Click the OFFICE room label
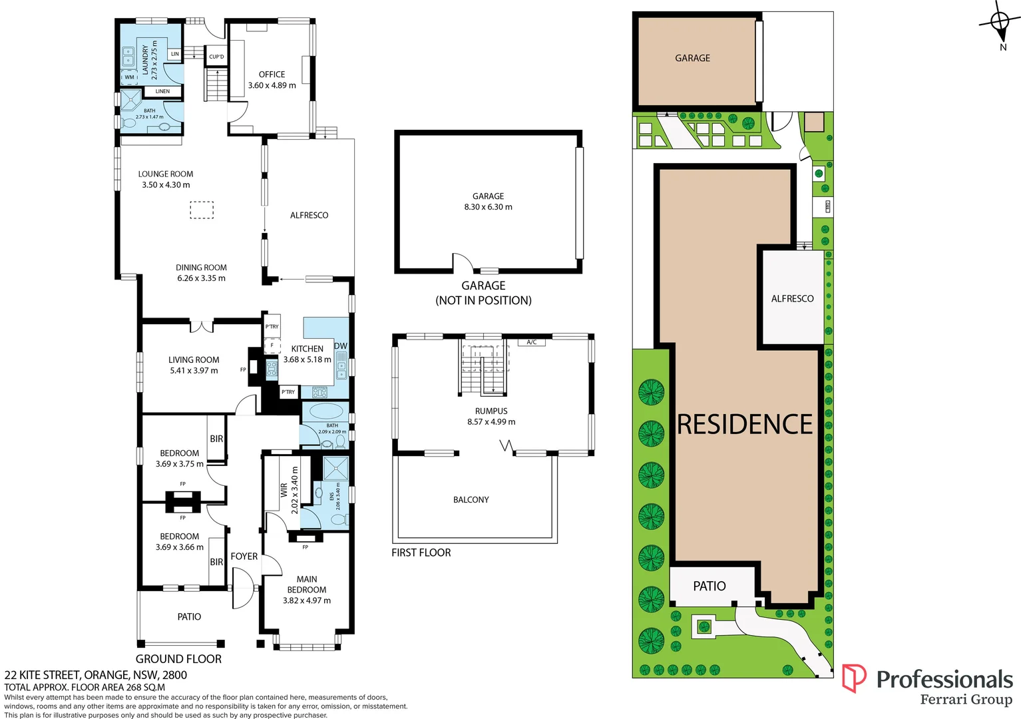coord(272,75)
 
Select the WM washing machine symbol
coord(129,77)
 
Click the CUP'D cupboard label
coord(216,57)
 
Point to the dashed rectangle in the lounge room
coord(202,210)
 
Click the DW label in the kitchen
coord(341,346)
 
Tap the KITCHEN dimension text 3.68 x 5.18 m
coord(307,359)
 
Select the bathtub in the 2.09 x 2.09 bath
coord(325,410)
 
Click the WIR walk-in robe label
coord(284,490)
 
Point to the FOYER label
coord(244,557)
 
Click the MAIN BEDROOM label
coord(306,585)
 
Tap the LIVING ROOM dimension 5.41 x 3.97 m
coord(194,371)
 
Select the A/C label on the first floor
coord(532,342)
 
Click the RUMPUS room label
coord(491,411)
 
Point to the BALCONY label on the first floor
coord(471,500)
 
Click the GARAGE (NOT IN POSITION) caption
coord(483,293)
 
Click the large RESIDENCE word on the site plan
coord(745,424)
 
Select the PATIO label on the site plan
coord(710,586)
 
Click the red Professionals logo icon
coord(854,678)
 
